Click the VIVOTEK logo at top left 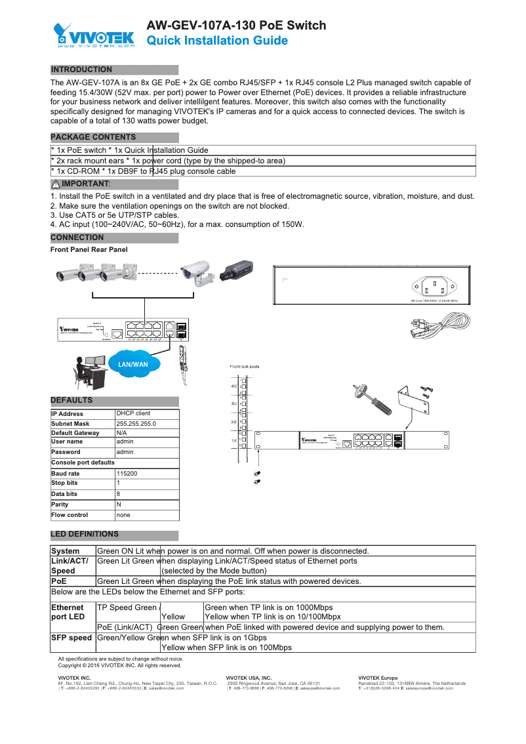(x=94, y=35)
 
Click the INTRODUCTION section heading (x=81, y=70)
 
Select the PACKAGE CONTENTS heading (x=93, y=137)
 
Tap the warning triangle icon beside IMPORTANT (x=55, y=184)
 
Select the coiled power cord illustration (x=435, y=325)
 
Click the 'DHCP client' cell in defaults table (x=133, y=414)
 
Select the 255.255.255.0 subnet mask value (x=136, y=424)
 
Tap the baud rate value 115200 (x=127, y=473)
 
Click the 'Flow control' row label (x=70, y=515)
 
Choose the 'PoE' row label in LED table (x=60, y=581)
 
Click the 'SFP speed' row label (x=71, y=638)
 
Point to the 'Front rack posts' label (x=244, y=367)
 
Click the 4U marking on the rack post (x=233, y=386)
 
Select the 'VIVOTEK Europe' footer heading (x=378, y=677)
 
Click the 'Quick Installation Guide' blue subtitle (x=217, y=41)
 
